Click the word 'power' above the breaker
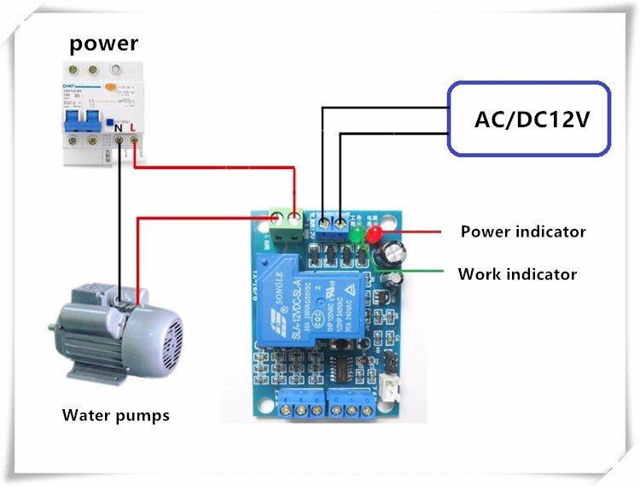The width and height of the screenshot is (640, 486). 103,43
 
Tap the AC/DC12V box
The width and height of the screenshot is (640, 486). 532,119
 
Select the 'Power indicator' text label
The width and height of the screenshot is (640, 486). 522,231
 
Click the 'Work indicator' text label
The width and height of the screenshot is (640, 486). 517,274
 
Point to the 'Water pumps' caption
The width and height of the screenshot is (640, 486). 115,416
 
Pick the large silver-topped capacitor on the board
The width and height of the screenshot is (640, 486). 394,250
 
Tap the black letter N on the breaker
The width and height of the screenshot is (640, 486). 119,126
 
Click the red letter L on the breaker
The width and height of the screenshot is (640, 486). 133,126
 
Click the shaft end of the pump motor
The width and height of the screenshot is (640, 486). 50,328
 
